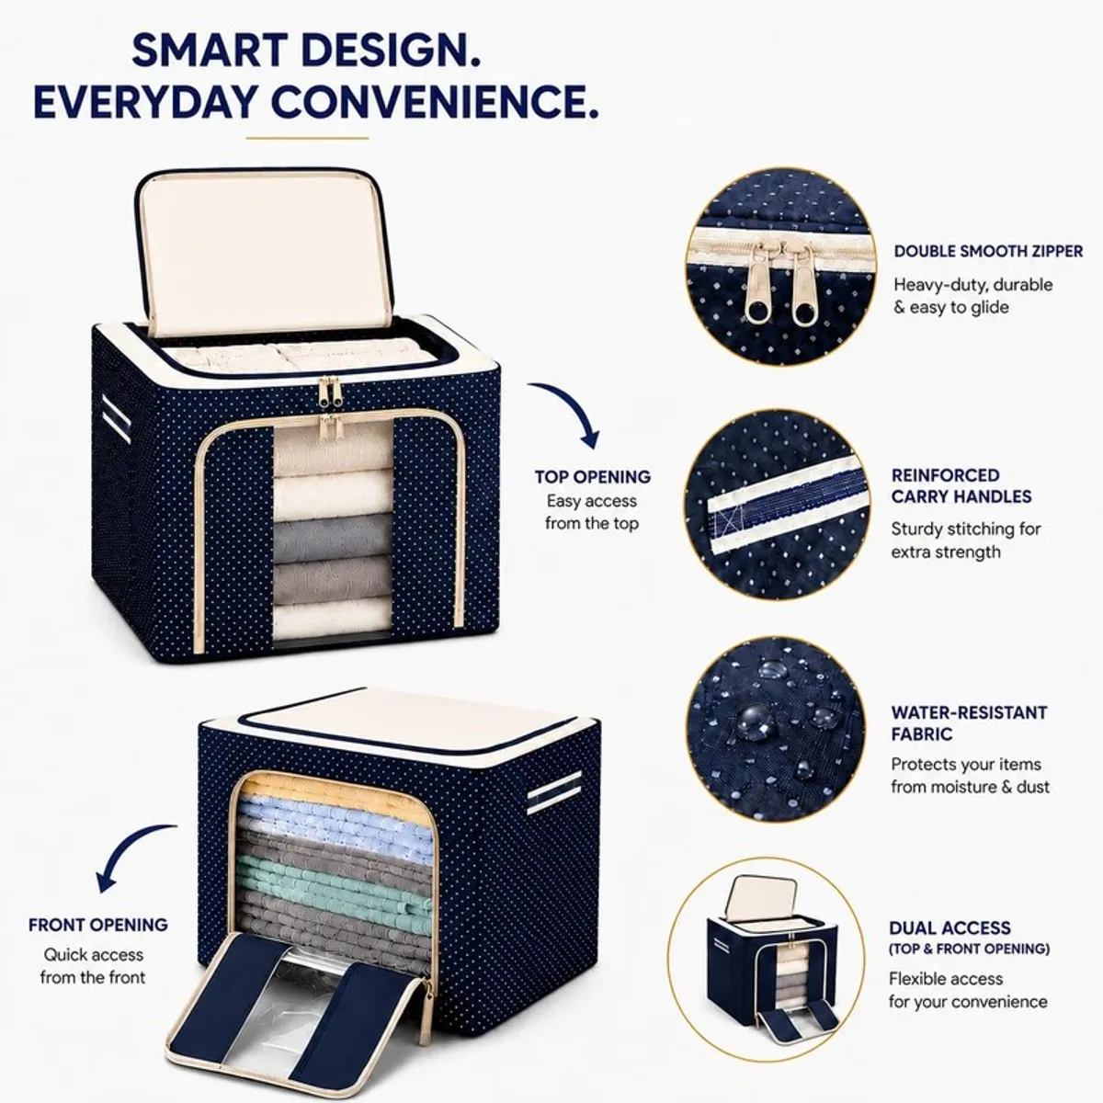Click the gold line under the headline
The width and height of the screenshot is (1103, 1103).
pyautogui.click(x=307, y=138)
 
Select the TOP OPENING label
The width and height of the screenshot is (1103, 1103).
pyautogui.click(x=593, y=476)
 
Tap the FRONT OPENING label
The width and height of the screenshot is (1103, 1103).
pyautogui.click(x=98, y=925)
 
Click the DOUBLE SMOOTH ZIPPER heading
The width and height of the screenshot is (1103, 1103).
pyautogui.click(x=988, y=251)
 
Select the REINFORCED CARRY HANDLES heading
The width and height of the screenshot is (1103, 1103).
pyautogui.click(x=961, y=486)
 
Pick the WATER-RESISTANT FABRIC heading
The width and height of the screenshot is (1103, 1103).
pyautogui.click(x=969, y=723)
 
